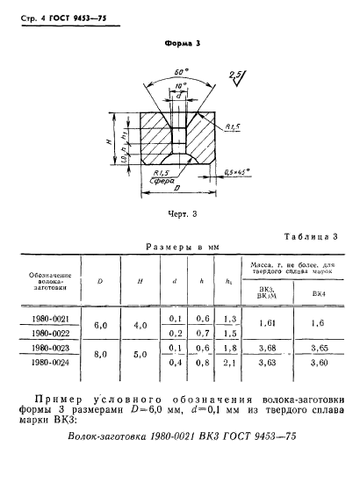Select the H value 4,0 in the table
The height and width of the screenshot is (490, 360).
coord(139,325)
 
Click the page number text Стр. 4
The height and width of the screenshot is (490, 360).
coord(24,11)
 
